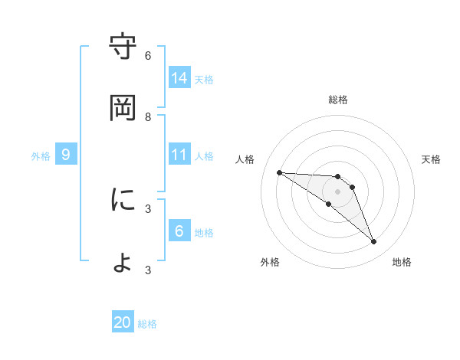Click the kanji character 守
click(x=123, y=47)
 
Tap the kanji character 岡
click(x=123, y=108)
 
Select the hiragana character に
click(x=123, y=200)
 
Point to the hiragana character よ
click(x=123, y=262)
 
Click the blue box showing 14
click(x=179, y=78)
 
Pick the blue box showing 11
click(x=179, y=155)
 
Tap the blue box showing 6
click(x=179, y=231)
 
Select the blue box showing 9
click(x=66, y=155)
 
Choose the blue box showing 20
click(x=123, y=323)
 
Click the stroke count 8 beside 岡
click(x=148, y=116)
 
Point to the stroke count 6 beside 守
click(x=148, y=55)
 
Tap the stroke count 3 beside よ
click(x=148, y=270)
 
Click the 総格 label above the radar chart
click(x=338, y=100)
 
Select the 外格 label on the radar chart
click(x=270, y=262)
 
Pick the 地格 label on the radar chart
click(x=402, y=262)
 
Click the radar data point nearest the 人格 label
click(x=279, y=172)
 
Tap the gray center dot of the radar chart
click(x=337, y=191)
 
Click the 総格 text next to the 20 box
click(x=147, y=324)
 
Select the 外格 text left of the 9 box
click(x=41, y=155)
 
